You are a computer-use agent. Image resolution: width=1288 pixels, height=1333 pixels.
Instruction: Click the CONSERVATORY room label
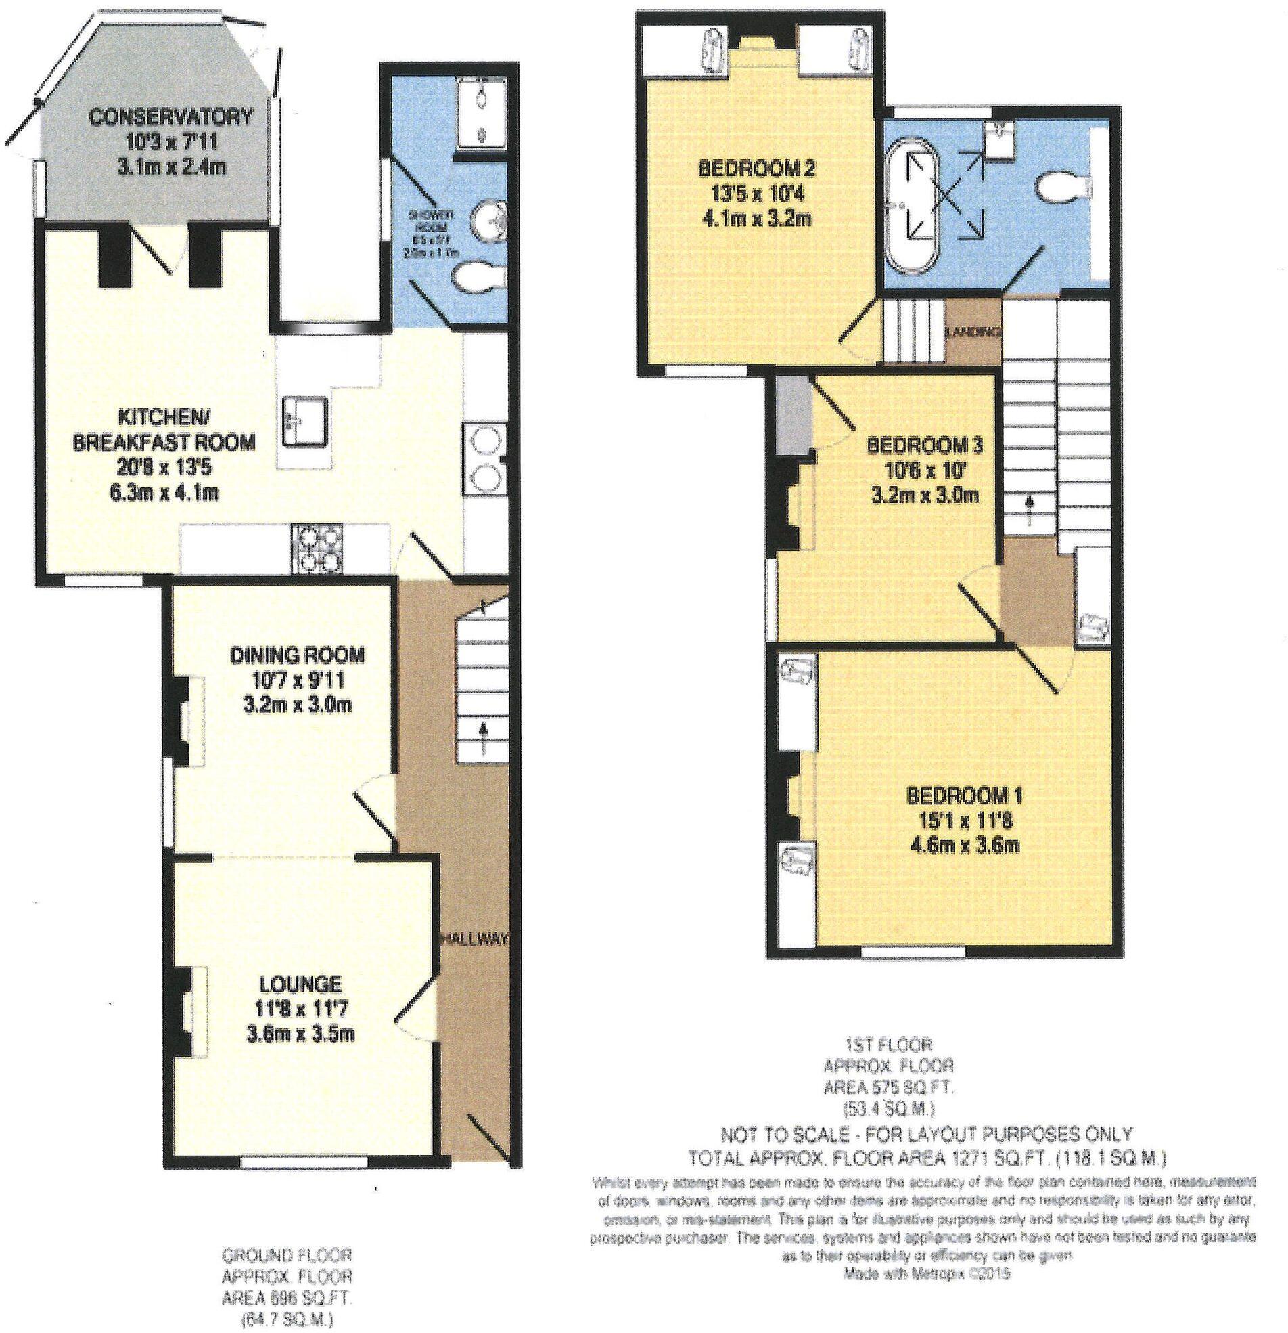170,116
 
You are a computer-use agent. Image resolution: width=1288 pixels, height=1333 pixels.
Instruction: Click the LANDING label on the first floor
973,332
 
